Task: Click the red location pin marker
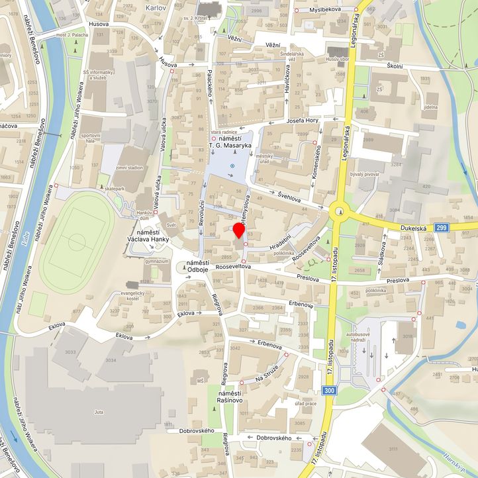[x=239, y=231]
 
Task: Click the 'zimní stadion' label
[x=129, y=168]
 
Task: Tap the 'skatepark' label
[x=115, y=189]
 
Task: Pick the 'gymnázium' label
[x=157, y=262]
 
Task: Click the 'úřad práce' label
[x=305, y=403]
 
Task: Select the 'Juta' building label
[x=99, y=412]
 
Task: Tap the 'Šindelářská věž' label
[x=291, y=56]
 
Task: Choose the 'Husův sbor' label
[x=338, y=60]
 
